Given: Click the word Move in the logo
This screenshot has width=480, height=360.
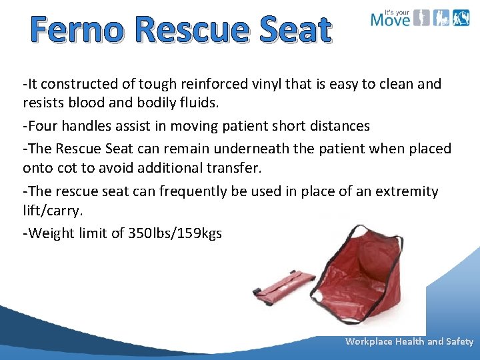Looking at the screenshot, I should pyautogui.click(x=390, y=19).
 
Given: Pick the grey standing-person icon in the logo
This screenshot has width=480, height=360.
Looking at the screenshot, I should pyautogui.click(x=421, y=18).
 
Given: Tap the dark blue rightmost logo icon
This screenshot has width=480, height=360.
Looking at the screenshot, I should pyautogui.click(x=461, y=18).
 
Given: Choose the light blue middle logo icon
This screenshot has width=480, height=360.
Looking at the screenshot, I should pyautogui.click(x=441, y=18).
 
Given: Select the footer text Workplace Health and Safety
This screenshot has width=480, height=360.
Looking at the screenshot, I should pyautogui.click(x=409, y=341).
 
